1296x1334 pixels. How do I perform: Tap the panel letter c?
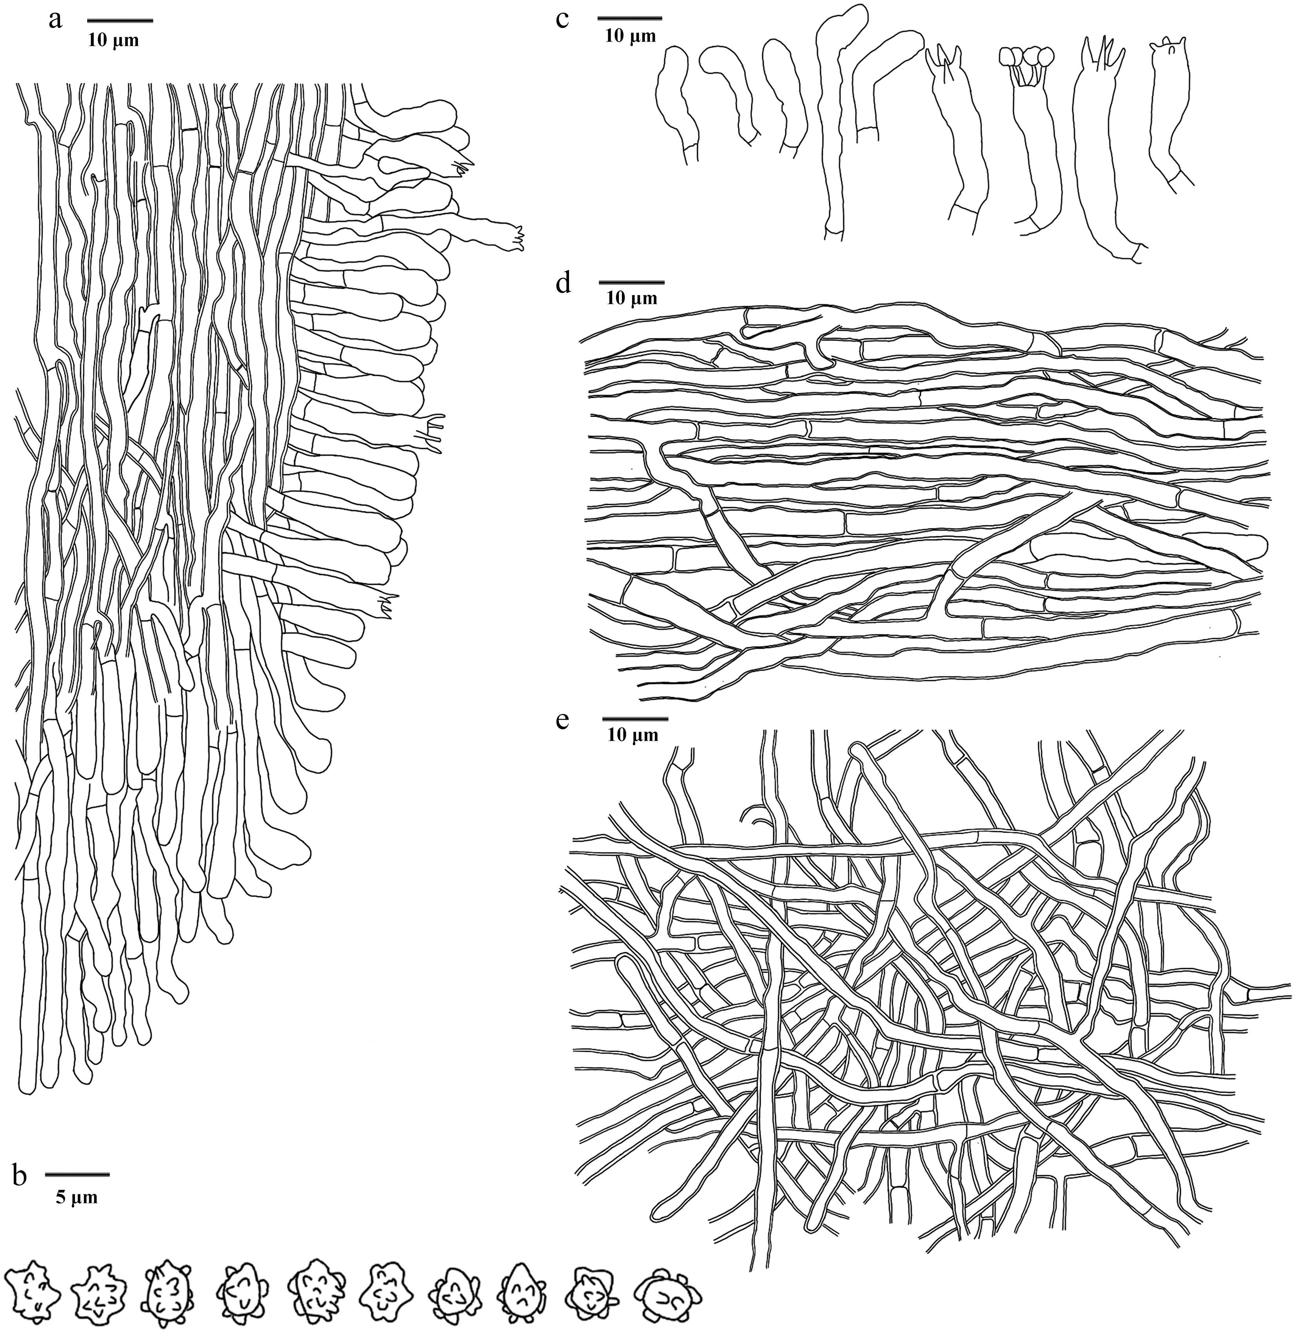[x=562, y=19]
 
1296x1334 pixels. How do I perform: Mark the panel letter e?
[x=562, y=721]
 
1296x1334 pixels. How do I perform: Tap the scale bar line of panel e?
[x=635, y=719]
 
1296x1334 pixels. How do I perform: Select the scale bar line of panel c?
[x=630, y=17]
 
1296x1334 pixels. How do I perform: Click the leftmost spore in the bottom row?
[x=31, y=1283]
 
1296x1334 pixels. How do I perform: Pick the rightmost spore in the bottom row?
[x=660, y=1289]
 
